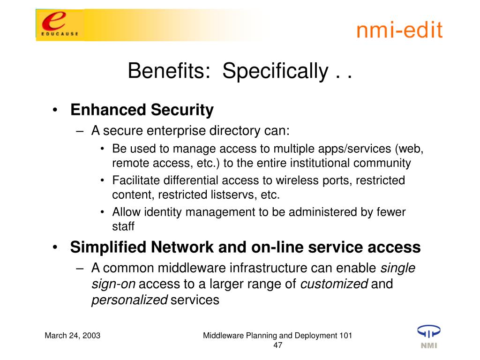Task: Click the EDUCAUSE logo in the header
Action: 60,25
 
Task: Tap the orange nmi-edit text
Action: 399,30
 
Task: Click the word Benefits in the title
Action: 169,71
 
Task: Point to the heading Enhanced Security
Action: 142,110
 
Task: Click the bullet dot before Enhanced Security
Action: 55,110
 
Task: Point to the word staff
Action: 123,226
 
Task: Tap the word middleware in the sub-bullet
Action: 192,268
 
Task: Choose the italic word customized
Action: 334,284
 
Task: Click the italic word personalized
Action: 129,300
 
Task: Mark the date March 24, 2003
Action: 73,336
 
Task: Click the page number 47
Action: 277,345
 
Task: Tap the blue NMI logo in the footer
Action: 429,337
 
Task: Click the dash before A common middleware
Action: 80,269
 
